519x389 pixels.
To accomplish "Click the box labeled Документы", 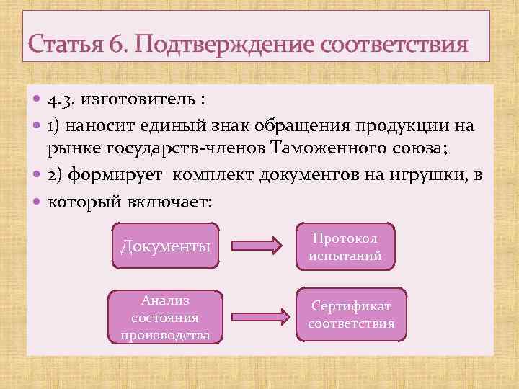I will pos(165,246).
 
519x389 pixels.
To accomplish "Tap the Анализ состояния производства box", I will pos(165,316).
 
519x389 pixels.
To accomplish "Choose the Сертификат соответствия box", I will pos(351,315).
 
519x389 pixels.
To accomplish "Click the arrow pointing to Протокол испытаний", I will pos(257,246).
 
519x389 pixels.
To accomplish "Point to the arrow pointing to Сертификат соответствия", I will pos(257,316).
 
